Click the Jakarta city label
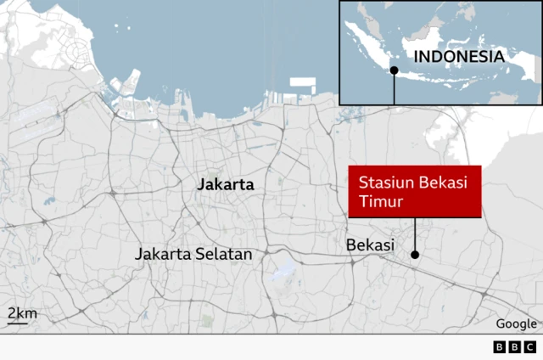[225, 184]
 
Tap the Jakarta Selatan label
[194, 254]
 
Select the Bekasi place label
[371, 245]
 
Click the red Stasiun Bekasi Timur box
[415, 192]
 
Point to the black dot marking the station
[415, 254]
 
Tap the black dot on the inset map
[394, 70]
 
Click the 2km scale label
[22, 313]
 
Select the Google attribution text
[516, 323]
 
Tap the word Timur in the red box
[378, 202]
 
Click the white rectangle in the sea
[302, 84]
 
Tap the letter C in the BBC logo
[529, 346]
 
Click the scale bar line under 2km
[22, 323]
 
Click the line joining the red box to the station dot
[415, 233]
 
